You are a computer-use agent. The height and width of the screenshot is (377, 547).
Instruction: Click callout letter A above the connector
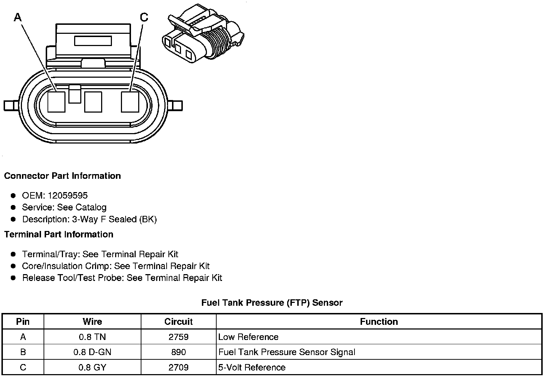point(18,17)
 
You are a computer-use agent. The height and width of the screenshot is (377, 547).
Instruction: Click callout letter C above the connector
point(144,17)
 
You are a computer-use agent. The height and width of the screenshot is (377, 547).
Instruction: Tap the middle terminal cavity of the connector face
point(93,102)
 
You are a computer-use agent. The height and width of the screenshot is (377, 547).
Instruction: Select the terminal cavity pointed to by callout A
point(56,102)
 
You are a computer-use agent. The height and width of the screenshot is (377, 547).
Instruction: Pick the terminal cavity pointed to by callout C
point(130,102)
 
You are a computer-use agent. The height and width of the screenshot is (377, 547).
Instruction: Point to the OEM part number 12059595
point(67,195)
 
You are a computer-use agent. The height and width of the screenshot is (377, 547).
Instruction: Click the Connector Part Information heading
point(62,176)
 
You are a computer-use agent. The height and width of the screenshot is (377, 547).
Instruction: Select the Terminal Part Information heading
point(59,235)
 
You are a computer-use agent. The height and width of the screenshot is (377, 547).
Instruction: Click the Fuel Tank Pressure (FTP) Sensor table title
point(272,303)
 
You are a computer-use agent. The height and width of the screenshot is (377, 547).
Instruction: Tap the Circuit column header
point(178,322)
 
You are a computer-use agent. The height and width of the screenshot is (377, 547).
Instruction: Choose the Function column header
point(379,322)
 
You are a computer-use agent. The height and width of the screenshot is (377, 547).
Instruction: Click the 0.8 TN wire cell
point(92,337)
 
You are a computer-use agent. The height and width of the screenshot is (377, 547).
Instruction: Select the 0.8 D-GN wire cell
point(92,352)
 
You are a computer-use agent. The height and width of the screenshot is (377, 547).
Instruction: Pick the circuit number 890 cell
point(178,352)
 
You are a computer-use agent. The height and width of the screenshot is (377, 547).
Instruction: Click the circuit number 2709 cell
point(178,367)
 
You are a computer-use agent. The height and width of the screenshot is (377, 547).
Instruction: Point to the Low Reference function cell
point(248,337)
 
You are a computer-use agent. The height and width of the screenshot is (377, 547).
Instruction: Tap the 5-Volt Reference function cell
point(252,367)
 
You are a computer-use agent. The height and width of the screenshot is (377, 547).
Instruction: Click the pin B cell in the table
point(23,352)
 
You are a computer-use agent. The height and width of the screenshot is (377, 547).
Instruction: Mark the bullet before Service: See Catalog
point(13,207)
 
